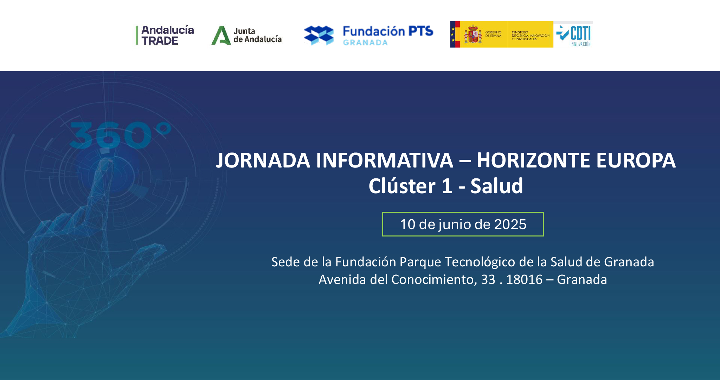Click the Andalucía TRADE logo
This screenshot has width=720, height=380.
[x=165, y=35]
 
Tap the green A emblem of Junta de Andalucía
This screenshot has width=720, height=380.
[x=221, y=35]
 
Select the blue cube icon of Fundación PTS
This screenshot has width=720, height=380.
[x=319, y=35]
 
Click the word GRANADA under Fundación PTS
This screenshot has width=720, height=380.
[x=365, y=43]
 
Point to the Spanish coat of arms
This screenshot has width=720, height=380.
[x=473, y=34]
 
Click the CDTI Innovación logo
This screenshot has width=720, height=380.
[x=574, y=35]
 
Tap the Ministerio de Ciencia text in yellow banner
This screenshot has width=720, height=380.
[x=531, y=36]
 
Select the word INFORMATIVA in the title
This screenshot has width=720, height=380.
[x=385, y=160]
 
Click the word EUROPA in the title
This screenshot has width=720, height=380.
[x=636, y=160]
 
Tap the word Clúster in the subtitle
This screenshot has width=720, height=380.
[x=402, y=186]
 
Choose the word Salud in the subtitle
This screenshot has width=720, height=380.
[x=497, y=186]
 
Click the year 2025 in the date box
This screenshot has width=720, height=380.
[x=510, y=224]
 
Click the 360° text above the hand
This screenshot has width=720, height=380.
[x=120, y=135]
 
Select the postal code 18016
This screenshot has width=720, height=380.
[x=525, y=280]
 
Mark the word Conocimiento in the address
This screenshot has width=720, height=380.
[x=434, y=280]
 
